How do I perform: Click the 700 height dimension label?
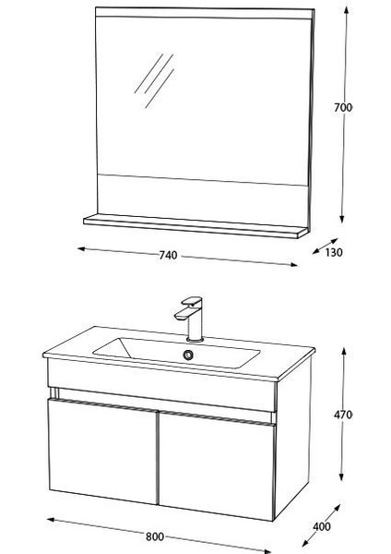click(343, 108)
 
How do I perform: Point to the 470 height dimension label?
click(343, 415)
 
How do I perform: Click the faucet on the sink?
click(191, 317)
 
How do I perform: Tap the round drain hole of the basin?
click(190, 355)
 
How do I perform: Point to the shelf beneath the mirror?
click(194, 226)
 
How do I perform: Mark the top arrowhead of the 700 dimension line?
click(344, 11)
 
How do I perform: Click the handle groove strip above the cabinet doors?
click(161, 404)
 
